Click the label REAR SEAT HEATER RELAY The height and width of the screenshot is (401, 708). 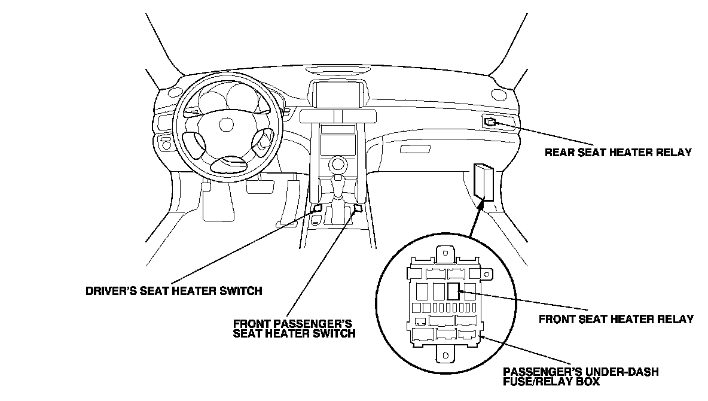point(618,152)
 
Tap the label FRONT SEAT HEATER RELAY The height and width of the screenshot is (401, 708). point(616,319)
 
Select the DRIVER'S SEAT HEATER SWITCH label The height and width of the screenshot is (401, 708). point(174,292)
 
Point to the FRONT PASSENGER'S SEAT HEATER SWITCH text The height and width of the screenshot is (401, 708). point(294,328)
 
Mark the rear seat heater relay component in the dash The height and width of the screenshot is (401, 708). point(490,121)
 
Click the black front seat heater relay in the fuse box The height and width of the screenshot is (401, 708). point(453,291)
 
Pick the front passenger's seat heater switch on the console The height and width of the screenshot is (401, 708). point(358,208)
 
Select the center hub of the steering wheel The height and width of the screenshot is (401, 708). point(226,124)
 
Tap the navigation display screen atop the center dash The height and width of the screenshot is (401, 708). point(337,95)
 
